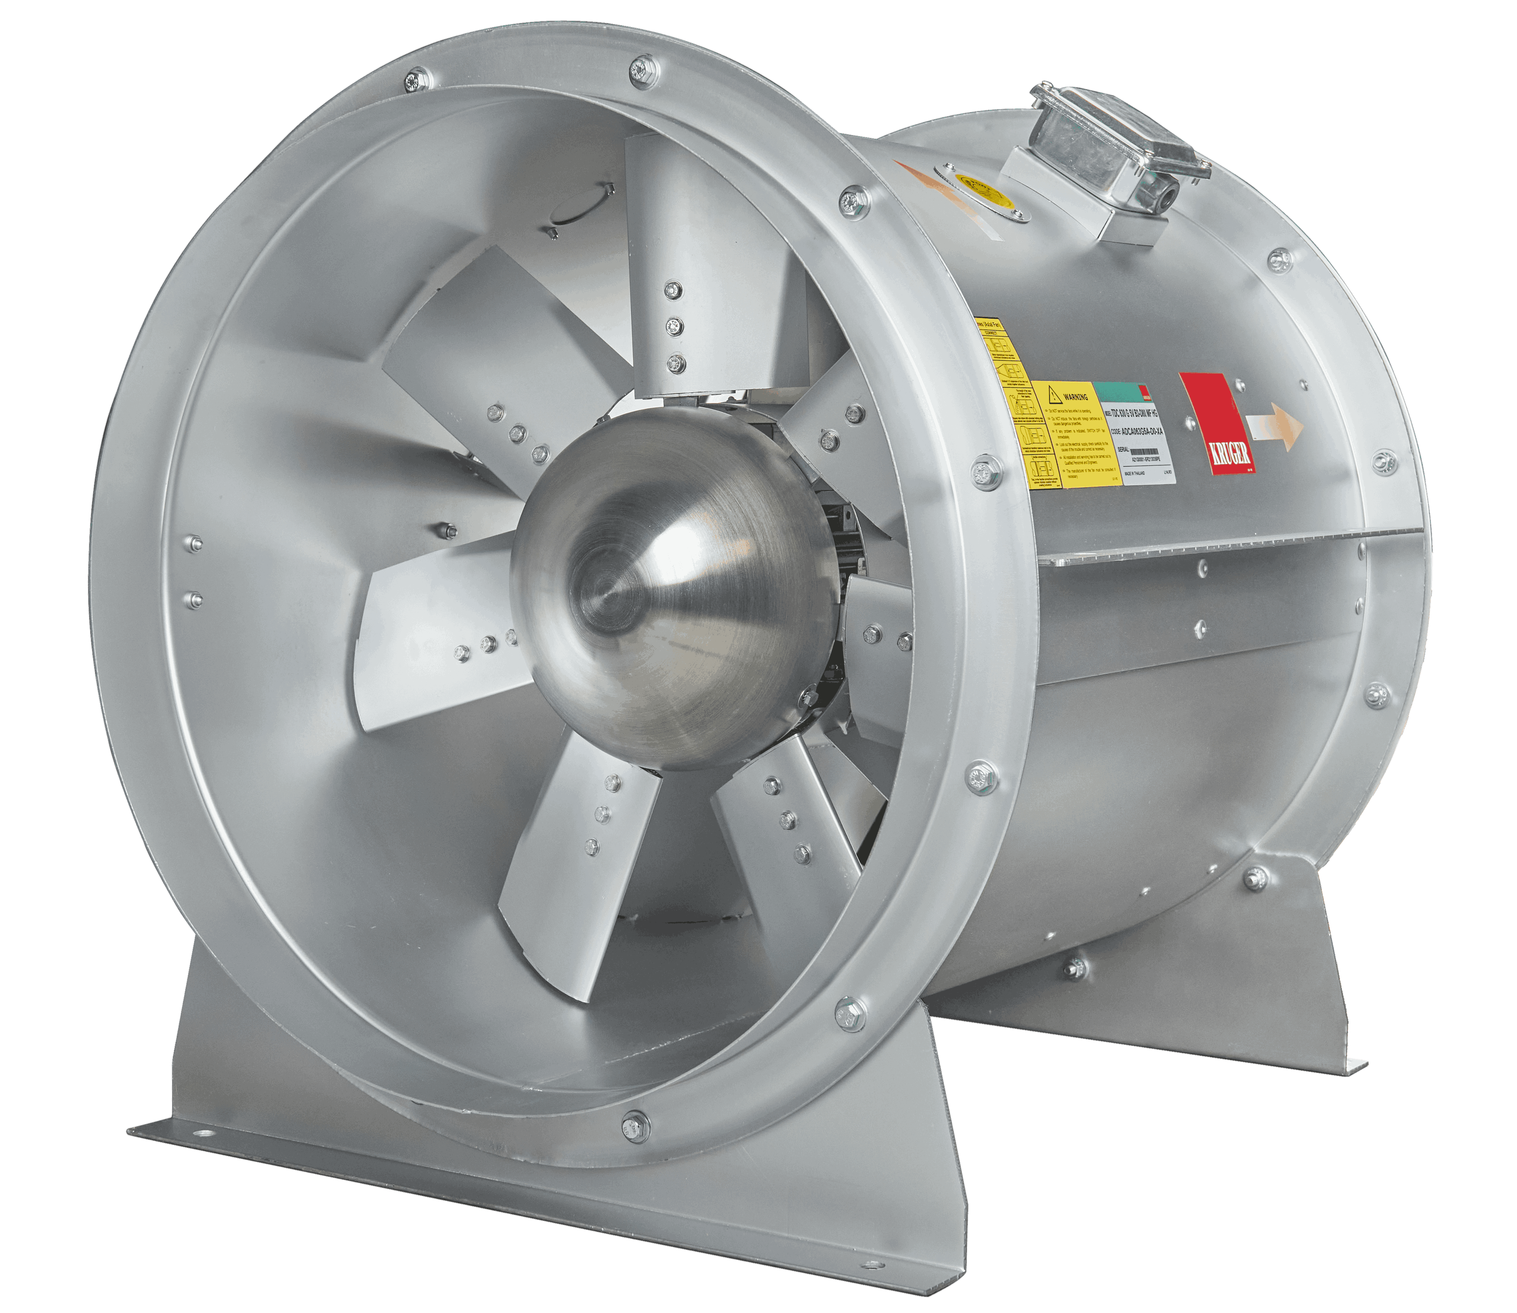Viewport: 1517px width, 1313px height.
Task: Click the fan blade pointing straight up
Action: [x=703, y=264]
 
